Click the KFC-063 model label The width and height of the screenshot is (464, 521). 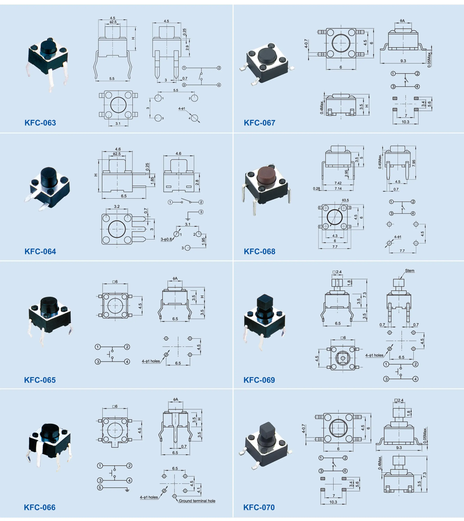[x=40, y=123]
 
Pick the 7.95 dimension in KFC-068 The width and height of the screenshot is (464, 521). [x=414, y=163]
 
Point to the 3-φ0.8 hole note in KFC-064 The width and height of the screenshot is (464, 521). [x=166, y=239]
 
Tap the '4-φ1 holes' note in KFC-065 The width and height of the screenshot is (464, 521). [x=151, y=361]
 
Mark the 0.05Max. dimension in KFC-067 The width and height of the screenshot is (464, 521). [x=429, y=59]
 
